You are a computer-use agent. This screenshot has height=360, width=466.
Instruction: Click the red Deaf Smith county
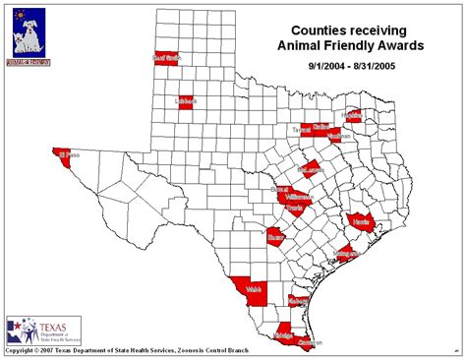tap(168, 58)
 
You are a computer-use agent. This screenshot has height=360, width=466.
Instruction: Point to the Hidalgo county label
tap(284, 335)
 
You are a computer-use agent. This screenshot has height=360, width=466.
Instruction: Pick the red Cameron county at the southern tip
tap(309, 341)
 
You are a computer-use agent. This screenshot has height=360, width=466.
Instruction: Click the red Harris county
tap(361, 221)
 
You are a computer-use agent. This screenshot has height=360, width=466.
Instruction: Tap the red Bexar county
tap(276, 237)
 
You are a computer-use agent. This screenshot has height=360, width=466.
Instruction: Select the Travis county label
tap(293, 209)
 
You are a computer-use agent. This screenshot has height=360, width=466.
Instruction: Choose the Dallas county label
tap(320, 127)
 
